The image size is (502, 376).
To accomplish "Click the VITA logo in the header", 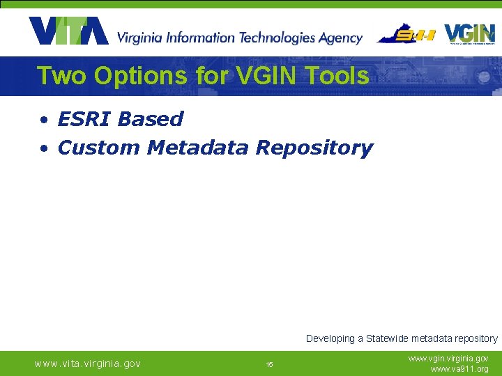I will (68, 31).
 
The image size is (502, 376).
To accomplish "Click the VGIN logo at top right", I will (469, 33).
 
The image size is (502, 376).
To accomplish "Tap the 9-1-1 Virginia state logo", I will (406, 33).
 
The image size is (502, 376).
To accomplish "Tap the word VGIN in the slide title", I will (261, 75).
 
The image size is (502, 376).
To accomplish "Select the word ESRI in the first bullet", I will (84, 119).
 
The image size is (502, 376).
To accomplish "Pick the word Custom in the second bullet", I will (99, 148).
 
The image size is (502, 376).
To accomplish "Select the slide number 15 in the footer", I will (269, 364).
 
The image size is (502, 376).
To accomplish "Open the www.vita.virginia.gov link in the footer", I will (88, 363).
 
